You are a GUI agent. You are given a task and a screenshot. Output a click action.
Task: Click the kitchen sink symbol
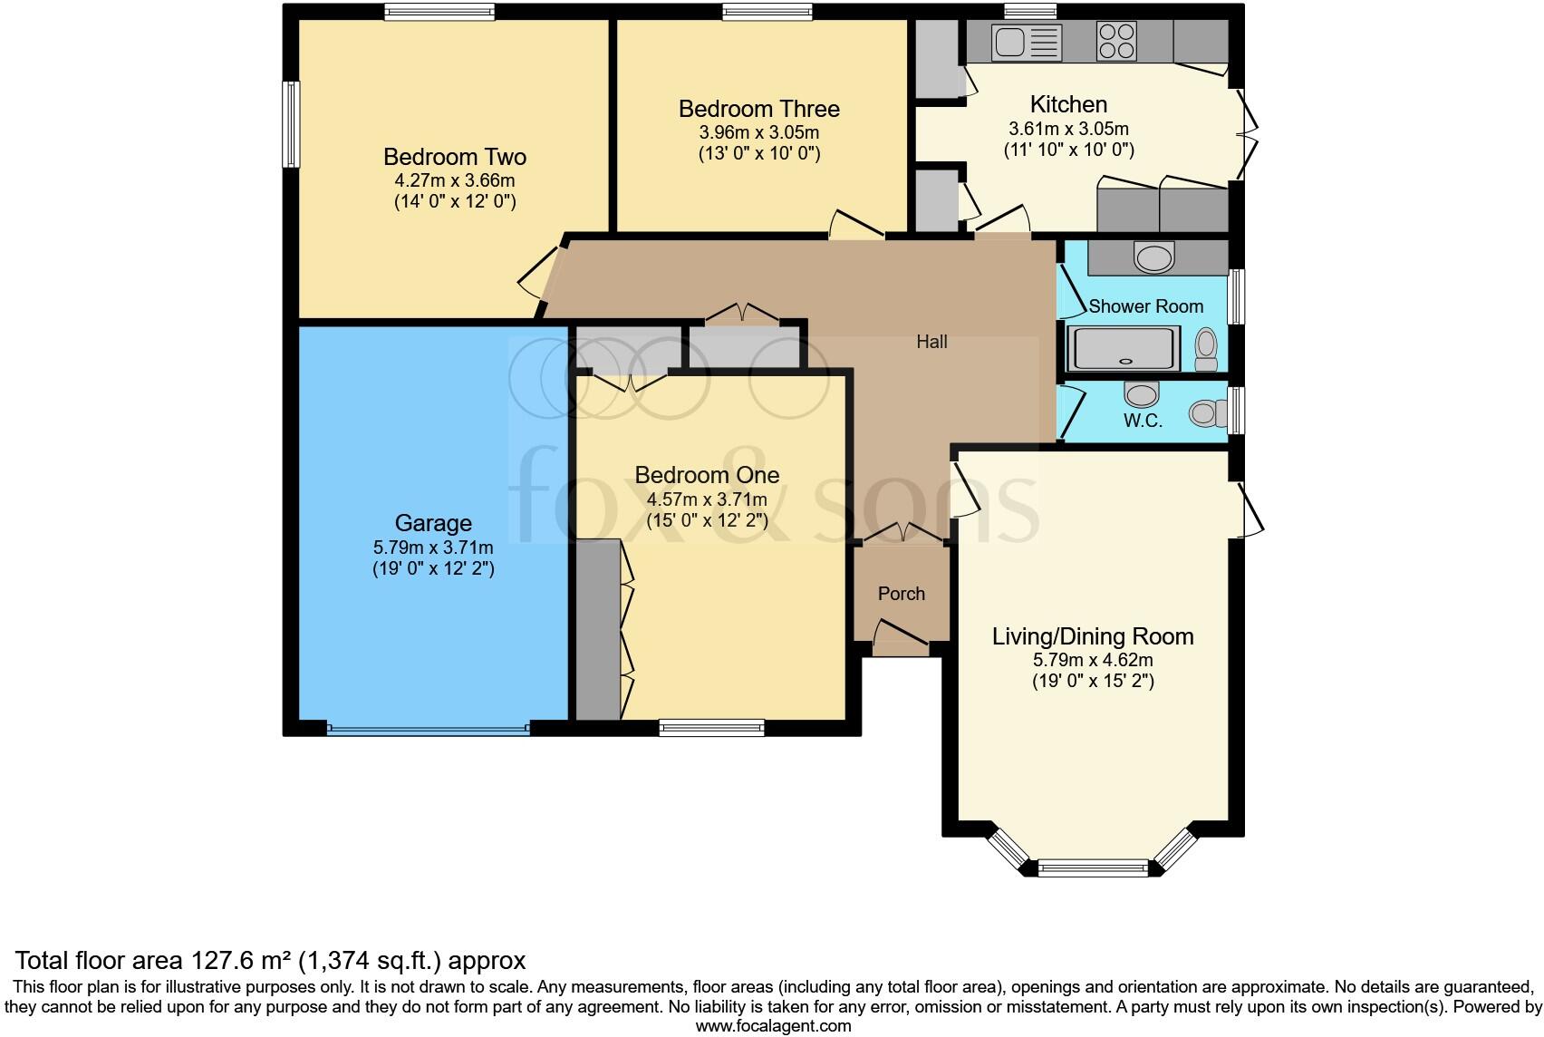point(1027,42)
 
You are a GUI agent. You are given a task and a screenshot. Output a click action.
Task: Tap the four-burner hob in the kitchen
point(1116,41)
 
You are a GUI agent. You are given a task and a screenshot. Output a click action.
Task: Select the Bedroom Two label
point(454,157)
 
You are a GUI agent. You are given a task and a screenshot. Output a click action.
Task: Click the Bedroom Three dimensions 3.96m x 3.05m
point(758,132)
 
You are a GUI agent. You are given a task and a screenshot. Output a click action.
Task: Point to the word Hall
point(931,342)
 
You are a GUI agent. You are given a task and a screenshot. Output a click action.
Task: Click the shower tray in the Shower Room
point(1124,349)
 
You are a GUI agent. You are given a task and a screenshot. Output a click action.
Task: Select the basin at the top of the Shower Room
point(1153,258)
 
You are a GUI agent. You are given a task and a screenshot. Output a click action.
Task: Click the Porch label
point(902,594)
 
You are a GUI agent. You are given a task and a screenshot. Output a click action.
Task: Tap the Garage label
point(433,523)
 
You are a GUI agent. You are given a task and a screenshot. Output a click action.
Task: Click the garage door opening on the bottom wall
point(428,727)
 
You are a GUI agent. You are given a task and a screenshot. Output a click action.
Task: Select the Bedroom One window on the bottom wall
point(711,727)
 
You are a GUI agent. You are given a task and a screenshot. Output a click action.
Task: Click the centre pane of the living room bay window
point(1092,868)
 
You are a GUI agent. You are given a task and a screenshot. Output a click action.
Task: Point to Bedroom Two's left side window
point(291,124)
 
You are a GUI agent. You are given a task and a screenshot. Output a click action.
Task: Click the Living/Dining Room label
point(1093,636)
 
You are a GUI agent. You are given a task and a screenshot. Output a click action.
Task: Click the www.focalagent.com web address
point(773,1026)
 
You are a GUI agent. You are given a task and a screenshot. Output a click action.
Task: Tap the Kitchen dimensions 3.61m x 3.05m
point(1068,129)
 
